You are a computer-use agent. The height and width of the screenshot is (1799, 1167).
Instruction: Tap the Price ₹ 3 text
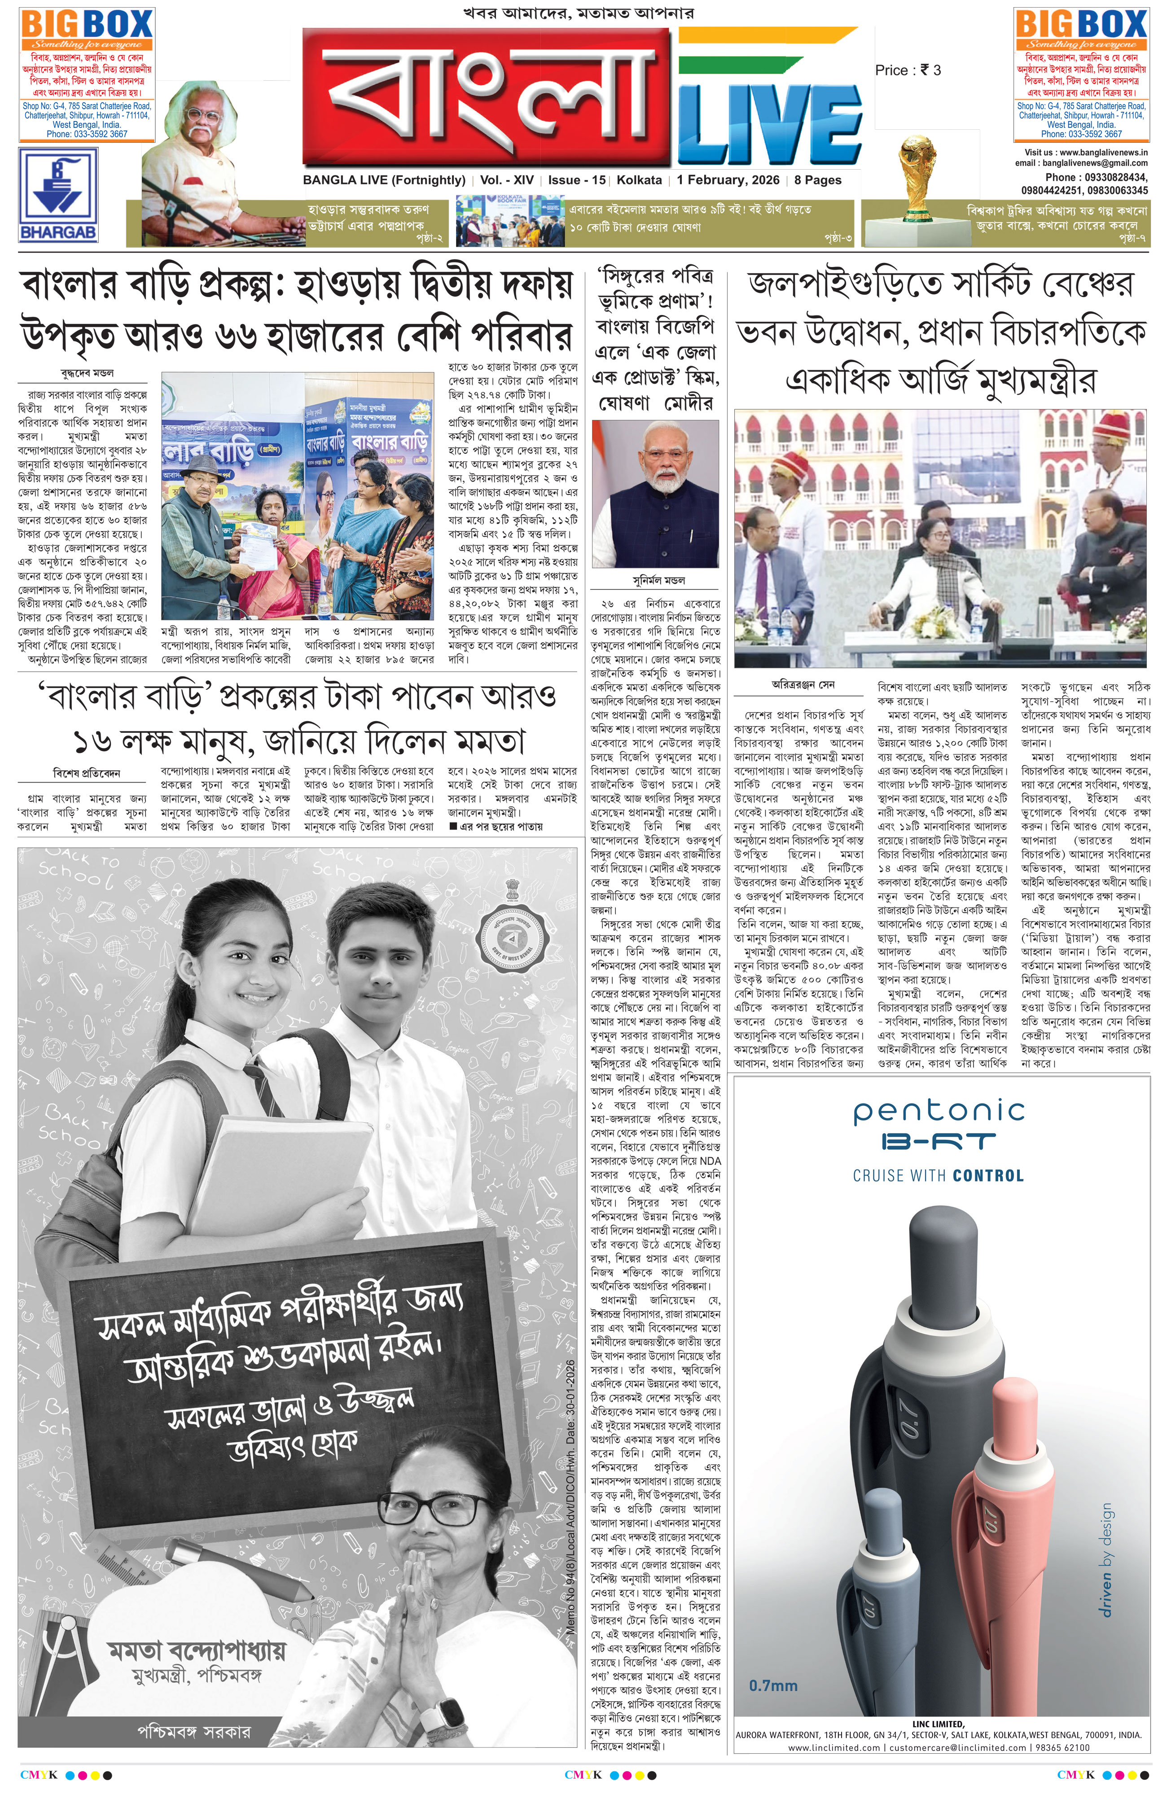(x=908, y=70)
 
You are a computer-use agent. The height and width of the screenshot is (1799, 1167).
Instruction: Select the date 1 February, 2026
(x=727, y=180)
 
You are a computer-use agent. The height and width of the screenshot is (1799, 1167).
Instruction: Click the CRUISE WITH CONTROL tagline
(x=938, y=1175)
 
